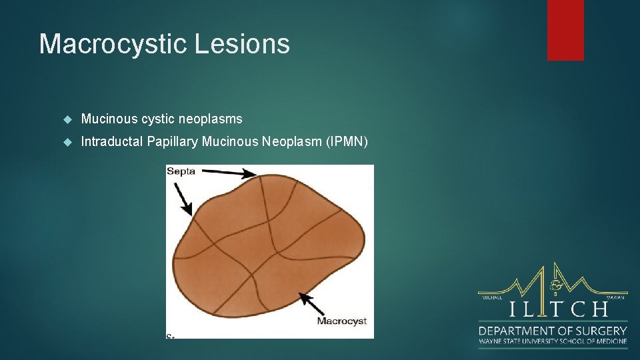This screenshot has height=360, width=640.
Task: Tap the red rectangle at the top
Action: point(565,30)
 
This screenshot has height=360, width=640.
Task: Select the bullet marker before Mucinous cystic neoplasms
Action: point(67,119)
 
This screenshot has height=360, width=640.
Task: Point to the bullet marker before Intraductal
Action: point(67,141)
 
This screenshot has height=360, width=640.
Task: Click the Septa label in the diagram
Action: point(181,171)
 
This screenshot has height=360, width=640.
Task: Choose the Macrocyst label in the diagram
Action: point(341,321)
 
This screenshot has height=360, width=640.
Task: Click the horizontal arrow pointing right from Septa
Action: point(229,173)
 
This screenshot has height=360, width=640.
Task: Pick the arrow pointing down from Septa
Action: point(183,198)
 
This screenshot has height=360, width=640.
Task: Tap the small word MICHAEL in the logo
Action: point(491,297)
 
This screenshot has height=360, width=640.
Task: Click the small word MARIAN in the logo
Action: point(615,297)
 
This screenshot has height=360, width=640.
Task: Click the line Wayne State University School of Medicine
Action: point(553,341)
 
